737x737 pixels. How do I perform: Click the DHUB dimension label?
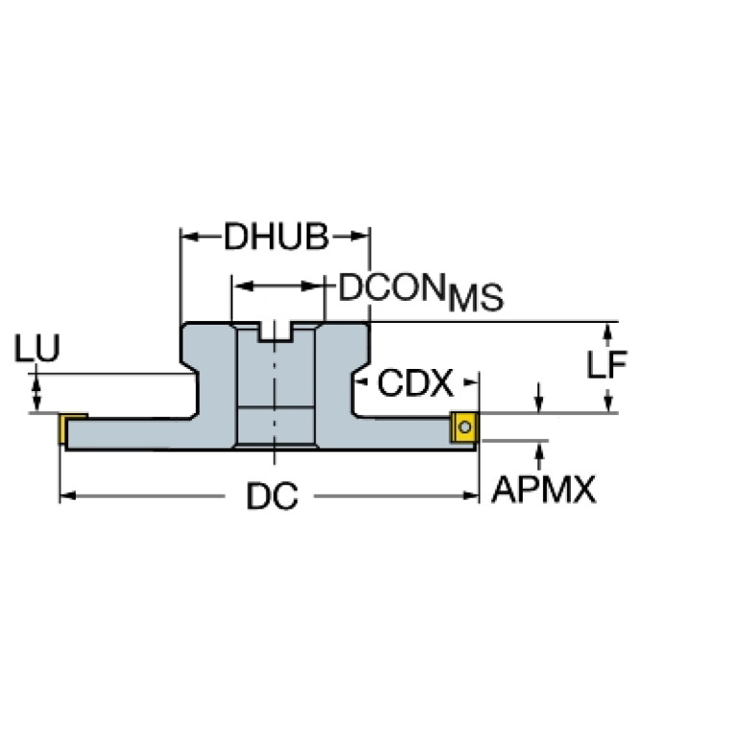[x=276, y=236]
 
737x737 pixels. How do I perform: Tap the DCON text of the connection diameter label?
[x=392, y=287]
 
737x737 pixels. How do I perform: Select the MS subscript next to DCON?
[x=476, y=298]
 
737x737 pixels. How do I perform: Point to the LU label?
[x=37, y=348]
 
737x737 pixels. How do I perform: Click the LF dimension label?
[x=606, y=365]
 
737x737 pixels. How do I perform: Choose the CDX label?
[x=415, y=382]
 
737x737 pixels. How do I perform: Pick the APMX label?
[x=543, y=489]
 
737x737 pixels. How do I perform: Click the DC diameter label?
[x=272, y=497]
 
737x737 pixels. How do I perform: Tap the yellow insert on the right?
[x=464, y=427]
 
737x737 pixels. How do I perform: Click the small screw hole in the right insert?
[x=465, y=428]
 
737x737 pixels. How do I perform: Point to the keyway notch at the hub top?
[x=275, y=332]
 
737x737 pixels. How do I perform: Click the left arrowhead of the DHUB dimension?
[x=188, y=236]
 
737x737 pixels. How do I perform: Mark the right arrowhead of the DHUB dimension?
[x=360, y=236]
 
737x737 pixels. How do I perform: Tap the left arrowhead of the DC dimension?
[x=67, y=496]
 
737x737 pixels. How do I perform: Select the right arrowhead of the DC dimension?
[x=471, y=496]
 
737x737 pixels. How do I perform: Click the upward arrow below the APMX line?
[x=540, y=455]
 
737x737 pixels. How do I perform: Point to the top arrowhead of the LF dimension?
[x=607, y=332]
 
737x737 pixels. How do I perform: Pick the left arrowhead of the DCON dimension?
[x=243, y=285]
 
